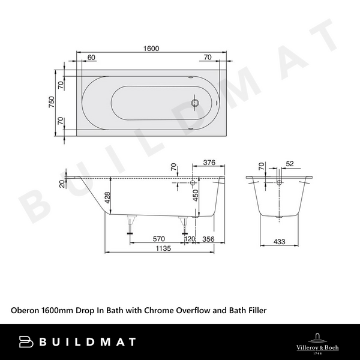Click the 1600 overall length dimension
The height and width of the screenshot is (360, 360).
click(x=151, y=49)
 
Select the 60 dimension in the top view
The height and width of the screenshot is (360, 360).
click(x=91, y=58)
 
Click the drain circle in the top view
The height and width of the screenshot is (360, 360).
click(x=194, y=103)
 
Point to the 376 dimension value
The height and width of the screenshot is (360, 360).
click(x=209, y=162)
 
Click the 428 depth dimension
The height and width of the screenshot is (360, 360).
click(x=106, y=198)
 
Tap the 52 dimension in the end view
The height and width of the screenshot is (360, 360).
click(x=290, y=163)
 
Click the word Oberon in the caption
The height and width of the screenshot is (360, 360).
click(x=26, y=310)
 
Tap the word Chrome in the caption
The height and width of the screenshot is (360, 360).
click(x=161, y=310)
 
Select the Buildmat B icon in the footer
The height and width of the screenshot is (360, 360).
click(x=26, y=342)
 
